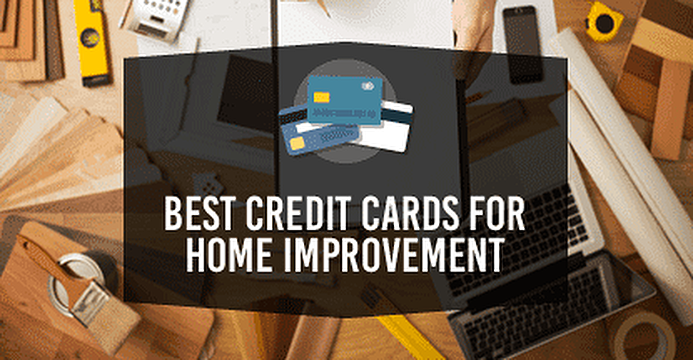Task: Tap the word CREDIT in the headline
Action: (298, 213)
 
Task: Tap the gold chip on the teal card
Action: (322, 98)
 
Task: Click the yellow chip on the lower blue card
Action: (297, 143)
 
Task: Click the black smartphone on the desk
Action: (522, 44)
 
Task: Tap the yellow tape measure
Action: (603, 22)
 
